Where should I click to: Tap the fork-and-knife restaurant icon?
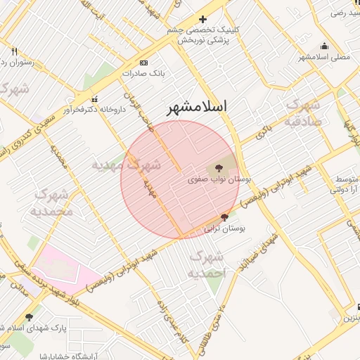click(15, 51)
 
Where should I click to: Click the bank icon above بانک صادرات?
click(144, 62)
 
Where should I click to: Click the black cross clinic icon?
click(203, 19)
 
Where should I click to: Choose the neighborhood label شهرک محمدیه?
click(52, 202)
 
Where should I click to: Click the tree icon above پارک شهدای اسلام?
click(29, 318)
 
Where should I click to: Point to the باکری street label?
click(264, 133)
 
